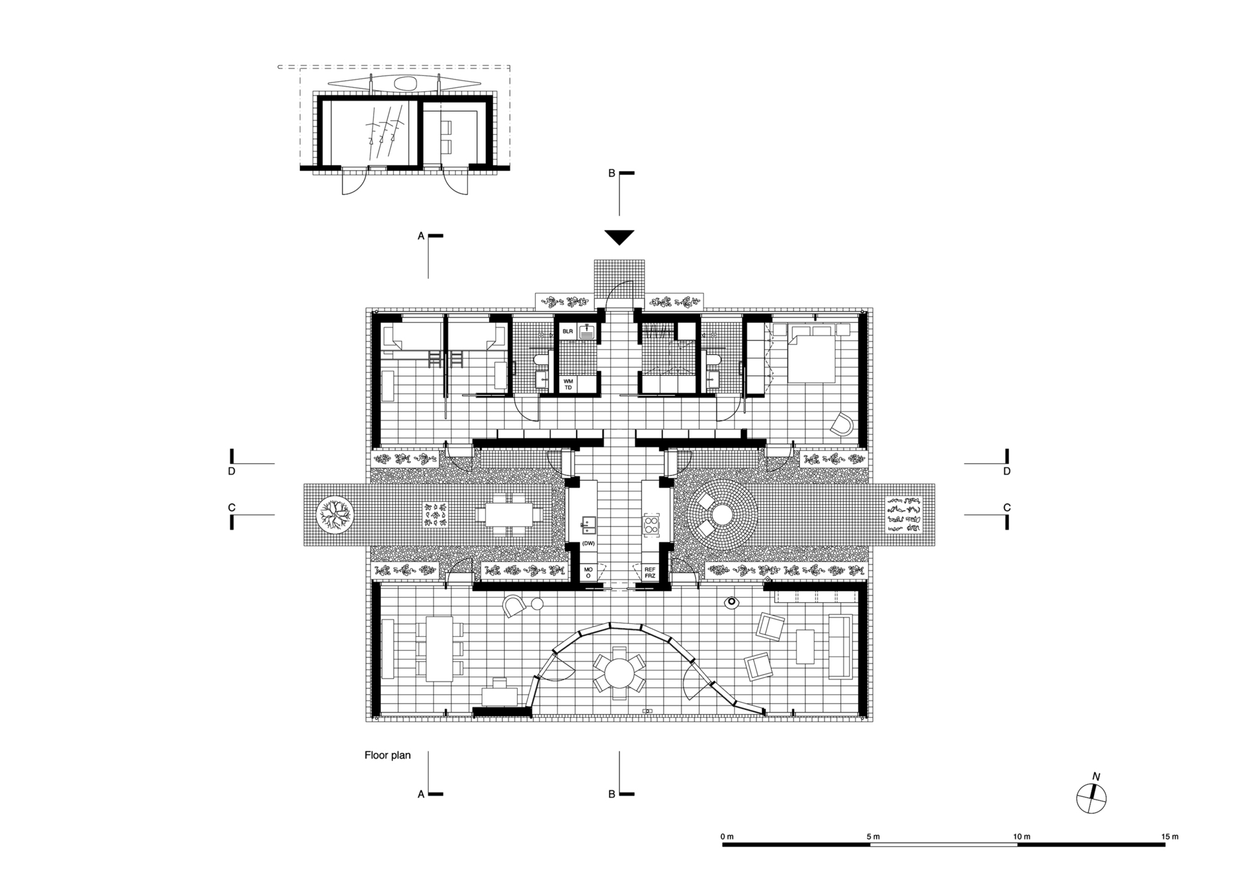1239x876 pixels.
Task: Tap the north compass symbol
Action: coord(1092,798)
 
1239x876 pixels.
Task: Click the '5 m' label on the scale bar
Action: coord(873,837)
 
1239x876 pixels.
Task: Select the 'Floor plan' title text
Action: coord(387,755)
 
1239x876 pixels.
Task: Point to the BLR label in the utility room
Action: coord(567,332)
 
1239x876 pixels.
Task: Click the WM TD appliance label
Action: coord(568,384)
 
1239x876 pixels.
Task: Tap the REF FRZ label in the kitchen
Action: coord(650,572)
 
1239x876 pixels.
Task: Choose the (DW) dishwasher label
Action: coord(588,543)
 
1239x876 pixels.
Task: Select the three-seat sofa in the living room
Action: coord(840,647)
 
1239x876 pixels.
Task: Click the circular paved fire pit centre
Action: coord(722,514)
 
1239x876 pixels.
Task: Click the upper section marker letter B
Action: coord(611,173)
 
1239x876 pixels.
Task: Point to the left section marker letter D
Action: coord(232,471)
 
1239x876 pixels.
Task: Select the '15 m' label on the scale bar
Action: coord(1170,837)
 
